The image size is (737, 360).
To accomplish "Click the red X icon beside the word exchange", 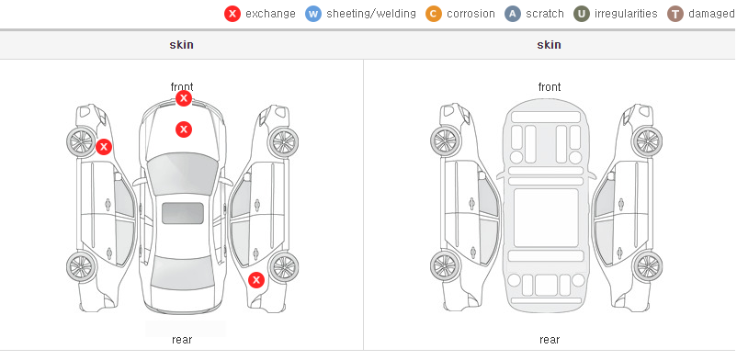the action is (x=232, y=14).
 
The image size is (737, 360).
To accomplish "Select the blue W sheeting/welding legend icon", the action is (x=313, y=14).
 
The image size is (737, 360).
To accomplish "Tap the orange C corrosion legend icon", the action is (x=434, y=14).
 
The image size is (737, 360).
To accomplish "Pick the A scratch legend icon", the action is (x=513, y=14).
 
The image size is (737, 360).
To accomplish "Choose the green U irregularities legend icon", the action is (x=582, y=14).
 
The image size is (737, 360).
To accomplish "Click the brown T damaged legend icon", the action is (x=675, y=14).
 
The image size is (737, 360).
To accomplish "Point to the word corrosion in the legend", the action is (x=471, y=14).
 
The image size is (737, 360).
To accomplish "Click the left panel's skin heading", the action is (x=181, y=45).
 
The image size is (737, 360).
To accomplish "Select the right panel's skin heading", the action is (x=549, y=45).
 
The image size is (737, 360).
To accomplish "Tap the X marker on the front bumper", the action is (x=184, y=98).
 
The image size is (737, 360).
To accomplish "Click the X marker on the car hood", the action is (x=184, y=129).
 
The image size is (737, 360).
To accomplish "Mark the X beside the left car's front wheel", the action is (x=104, y=147).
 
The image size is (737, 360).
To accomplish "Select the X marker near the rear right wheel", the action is (x=256, y=280).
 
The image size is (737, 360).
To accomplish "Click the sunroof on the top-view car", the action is (x=183, y=213).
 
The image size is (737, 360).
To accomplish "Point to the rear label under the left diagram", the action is (x=182, y=339).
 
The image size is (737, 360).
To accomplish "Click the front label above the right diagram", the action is (x=550, y=87).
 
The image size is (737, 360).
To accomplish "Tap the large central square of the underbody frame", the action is (x=546, y=218).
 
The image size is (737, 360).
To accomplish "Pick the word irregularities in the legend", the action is (x=626, y=14).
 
